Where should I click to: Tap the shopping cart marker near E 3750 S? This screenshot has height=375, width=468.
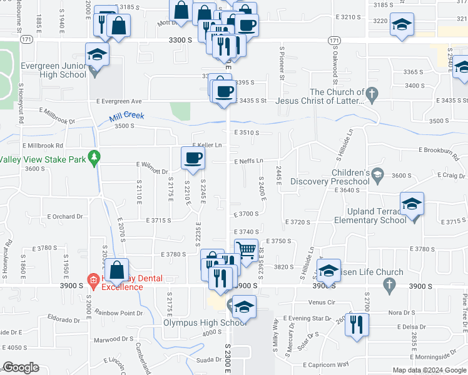tap(247, 249)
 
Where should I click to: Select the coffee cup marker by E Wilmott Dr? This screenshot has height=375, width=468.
tap(193, 157)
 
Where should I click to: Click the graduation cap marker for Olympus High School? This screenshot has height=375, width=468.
tap(244, 306)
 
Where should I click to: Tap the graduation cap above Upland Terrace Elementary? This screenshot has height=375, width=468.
tap(412, 203)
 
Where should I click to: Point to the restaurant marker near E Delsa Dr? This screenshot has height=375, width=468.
tap(357, 324)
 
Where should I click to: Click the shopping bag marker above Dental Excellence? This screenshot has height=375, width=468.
tap(117, 269)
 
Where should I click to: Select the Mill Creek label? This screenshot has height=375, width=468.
tap(126, 116)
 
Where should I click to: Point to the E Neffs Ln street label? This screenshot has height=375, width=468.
tap(248, 161)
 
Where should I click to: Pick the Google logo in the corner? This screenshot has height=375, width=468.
tap(21, 367)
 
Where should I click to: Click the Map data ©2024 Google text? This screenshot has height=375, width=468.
tap(430, 370)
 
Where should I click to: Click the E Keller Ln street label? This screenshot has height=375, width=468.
tap(208, 145)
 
